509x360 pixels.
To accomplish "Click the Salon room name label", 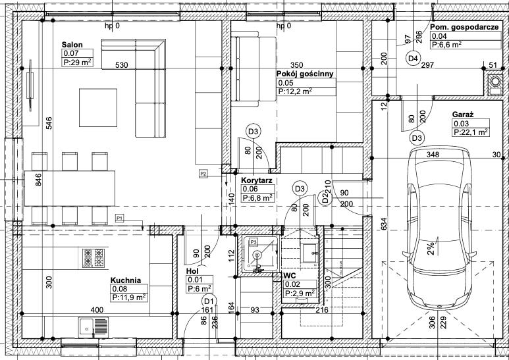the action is (72, 45).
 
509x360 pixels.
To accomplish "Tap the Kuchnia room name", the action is (126, 280).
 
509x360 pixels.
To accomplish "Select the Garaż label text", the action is (463, 115).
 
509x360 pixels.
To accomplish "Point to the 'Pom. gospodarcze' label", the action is (464, 27).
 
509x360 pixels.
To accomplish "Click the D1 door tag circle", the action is (209, 300).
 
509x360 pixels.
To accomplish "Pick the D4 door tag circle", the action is (414, 59).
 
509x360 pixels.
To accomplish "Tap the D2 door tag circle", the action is (325, 197).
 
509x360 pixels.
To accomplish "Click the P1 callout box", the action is (120, 219).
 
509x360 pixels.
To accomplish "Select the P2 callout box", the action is (203, 174).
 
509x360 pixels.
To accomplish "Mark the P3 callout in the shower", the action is (254, 242).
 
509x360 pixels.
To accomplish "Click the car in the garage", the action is (439, 229).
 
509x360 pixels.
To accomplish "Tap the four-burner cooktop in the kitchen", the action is (94, 258).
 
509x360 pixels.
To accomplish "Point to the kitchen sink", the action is (94, 327).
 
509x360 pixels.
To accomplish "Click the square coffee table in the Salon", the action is (98, 108).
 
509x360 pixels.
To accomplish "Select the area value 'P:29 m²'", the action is (78, 63).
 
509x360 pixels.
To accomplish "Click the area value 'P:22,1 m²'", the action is (471, 132).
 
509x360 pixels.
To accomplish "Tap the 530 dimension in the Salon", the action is (122, 65).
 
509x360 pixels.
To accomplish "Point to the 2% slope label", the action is (431, 249).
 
